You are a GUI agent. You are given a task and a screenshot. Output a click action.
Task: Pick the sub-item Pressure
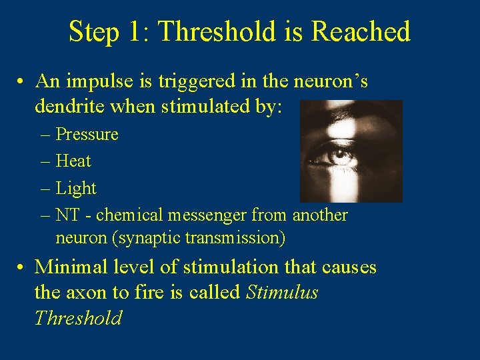click(87, 134)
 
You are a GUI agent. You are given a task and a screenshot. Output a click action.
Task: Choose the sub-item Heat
click(73, 161)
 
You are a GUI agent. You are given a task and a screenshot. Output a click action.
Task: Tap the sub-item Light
click(76, 188)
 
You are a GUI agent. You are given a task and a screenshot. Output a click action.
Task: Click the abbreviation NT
click(67, 215)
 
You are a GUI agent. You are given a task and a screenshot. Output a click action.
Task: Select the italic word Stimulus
click(282, 292)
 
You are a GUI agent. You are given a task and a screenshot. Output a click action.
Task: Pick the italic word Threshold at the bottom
click(78, 317)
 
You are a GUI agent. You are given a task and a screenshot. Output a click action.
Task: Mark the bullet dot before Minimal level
click(22, 267)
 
